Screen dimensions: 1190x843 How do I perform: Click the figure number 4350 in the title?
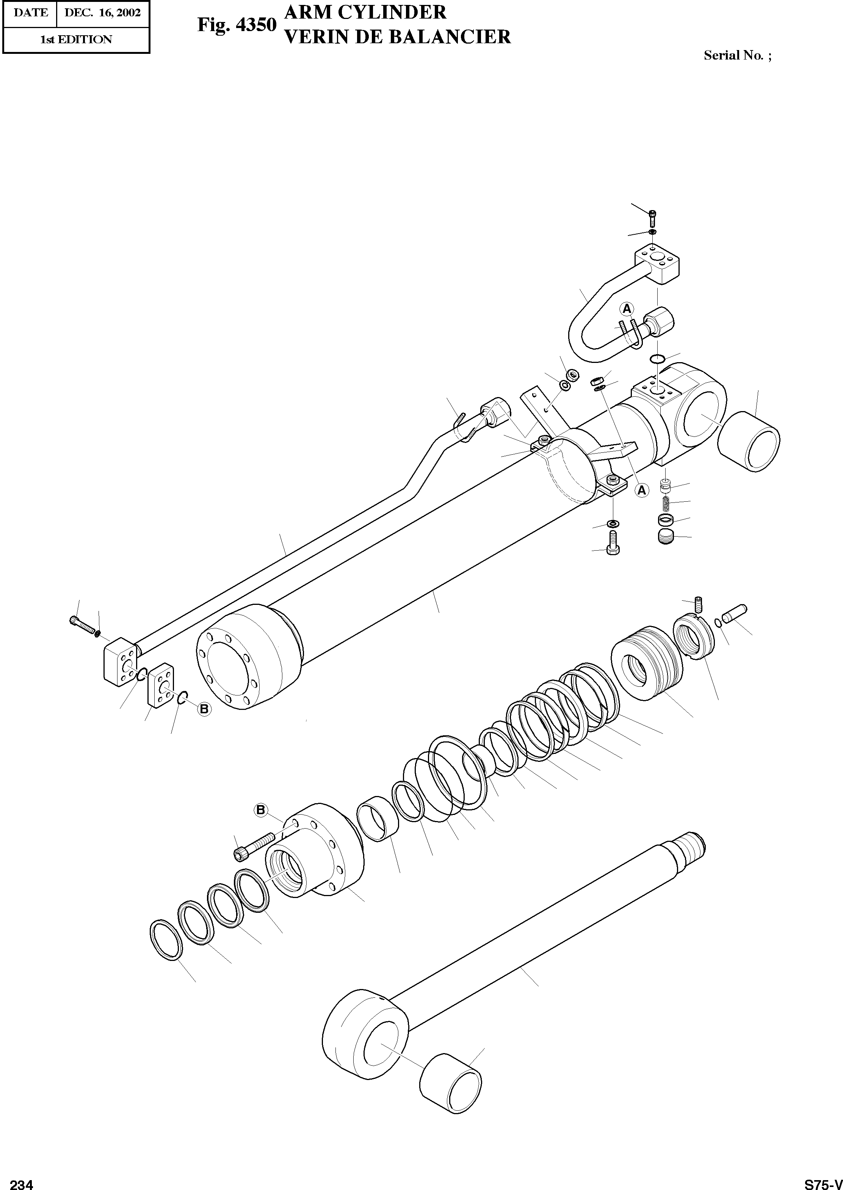255,24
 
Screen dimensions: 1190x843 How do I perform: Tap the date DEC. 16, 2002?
102,13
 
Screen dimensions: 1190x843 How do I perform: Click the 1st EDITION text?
76,39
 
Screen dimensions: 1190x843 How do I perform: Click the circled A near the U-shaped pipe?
627,309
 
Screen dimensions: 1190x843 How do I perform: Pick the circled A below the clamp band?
642,490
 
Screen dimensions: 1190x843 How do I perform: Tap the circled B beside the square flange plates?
205,709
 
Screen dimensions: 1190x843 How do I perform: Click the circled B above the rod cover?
260,809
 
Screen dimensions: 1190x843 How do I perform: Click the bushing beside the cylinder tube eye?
749,440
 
